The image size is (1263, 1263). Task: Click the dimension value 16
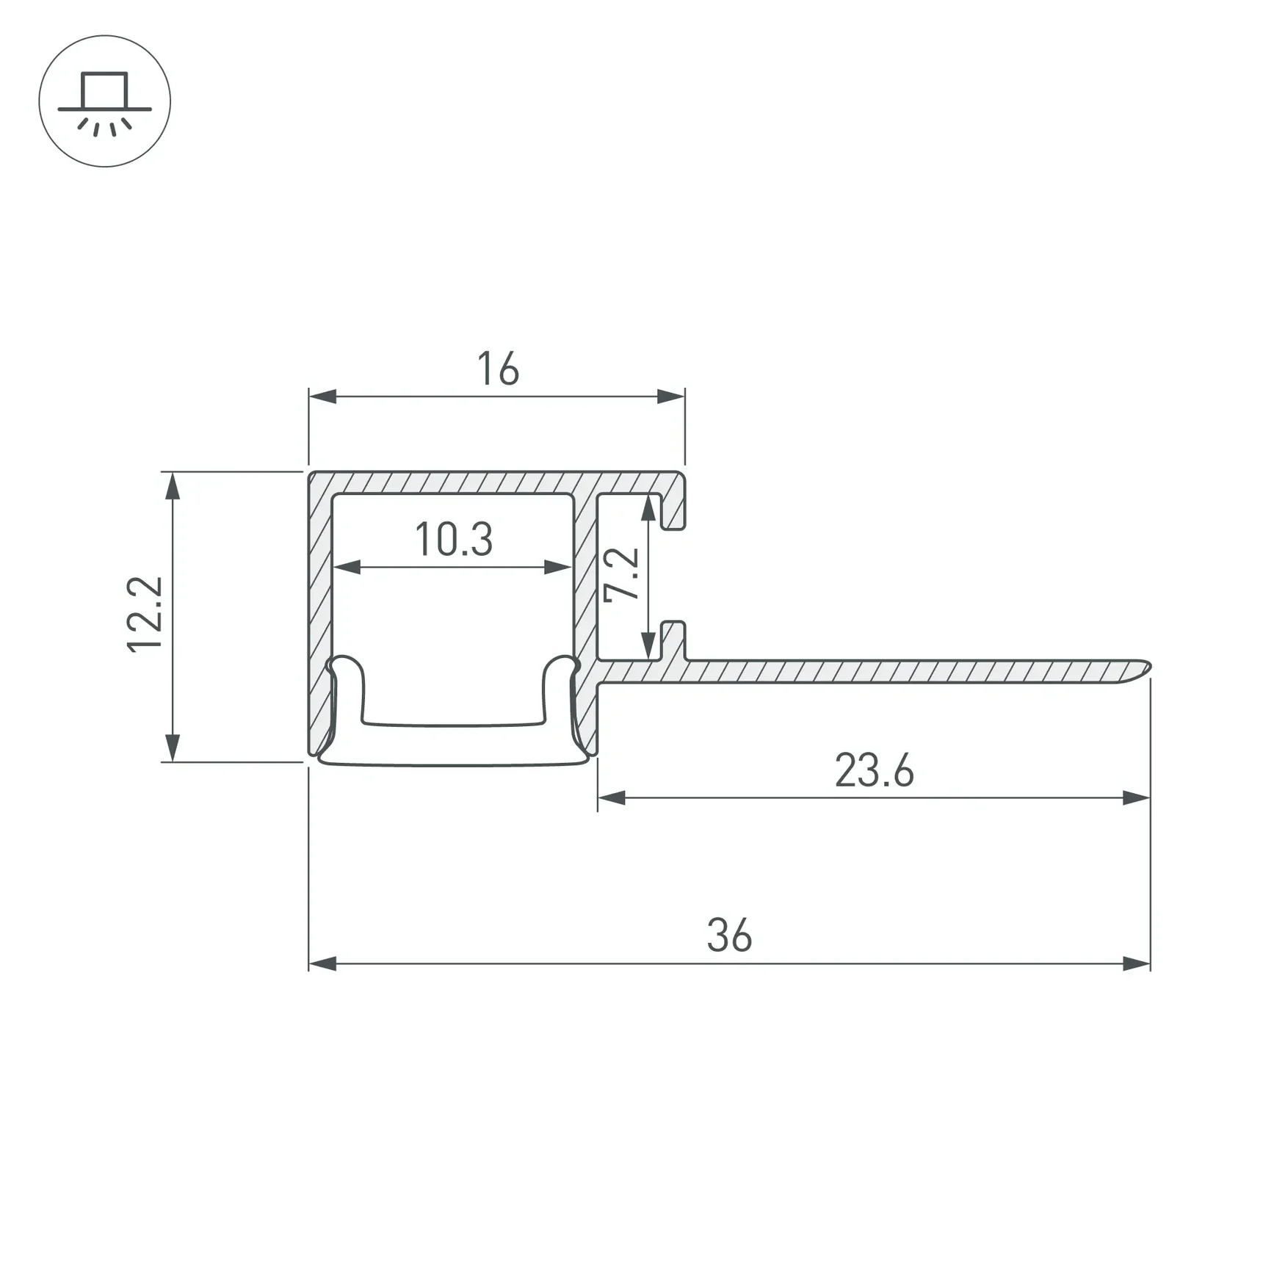[498, 369]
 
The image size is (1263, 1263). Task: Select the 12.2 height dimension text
[145, 615]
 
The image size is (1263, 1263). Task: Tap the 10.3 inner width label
[454, 539]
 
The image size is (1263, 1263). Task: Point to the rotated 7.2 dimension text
[621, 575]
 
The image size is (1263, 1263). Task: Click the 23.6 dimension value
[874, 771]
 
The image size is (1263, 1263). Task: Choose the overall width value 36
[729, 936]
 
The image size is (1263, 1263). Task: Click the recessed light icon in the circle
[105, 102]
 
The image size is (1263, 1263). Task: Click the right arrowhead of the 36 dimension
[1137, 964]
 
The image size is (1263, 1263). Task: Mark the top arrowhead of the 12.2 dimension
[173, 485]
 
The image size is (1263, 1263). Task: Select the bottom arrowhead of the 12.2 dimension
[173, 748]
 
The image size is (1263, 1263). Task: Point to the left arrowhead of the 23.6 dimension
[611, 798]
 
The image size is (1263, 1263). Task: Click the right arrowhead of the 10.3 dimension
[558, 567]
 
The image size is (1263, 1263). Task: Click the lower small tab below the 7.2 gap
[673, 639]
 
